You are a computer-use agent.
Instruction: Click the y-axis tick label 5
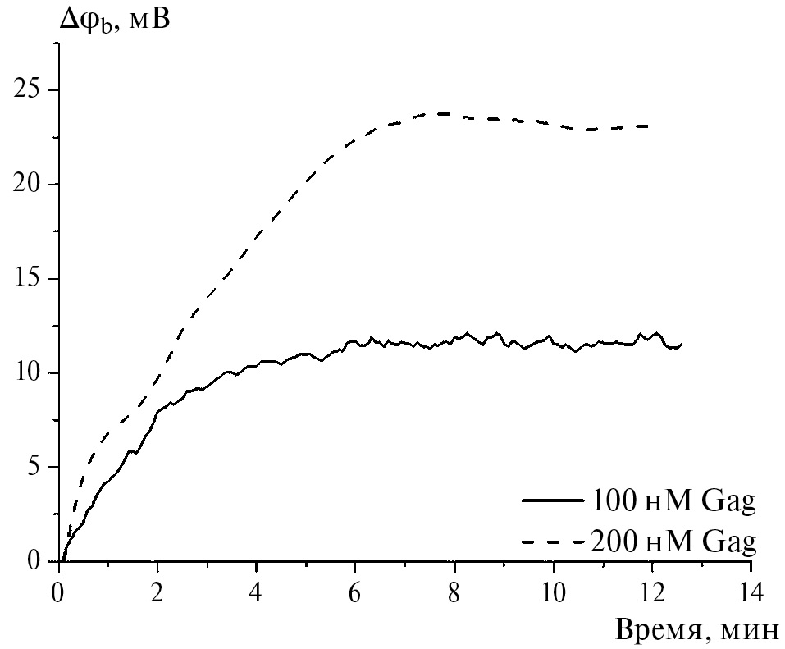click(34, 467)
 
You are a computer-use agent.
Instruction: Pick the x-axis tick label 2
click(157, 590)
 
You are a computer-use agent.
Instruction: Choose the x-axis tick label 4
click(256, 590)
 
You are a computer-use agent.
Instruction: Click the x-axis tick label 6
click(355, 590)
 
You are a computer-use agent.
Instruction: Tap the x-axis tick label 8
click(454, 590)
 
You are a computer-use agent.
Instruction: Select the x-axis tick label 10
click(554, 590)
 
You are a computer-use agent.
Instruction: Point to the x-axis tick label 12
click(653, 590)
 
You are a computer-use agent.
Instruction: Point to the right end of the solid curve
click(682, 345)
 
